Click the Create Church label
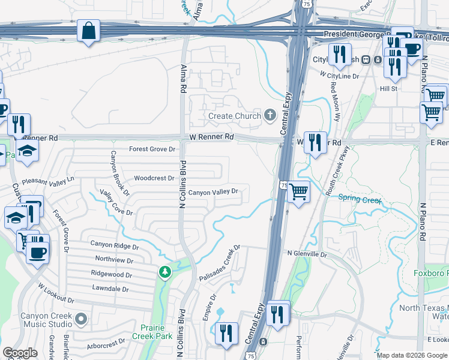235,116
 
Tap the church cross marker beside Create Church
270,115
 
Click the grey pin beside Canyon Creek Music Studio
82,318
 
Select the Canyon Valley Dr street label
214,193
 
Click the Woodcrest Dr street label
154,178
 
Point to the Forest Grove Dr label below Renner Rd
152,149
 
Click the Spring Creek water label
360,199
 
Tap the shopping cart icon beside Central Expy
298,193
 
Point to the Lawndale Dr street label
110,289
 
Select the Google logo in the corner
20,353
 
